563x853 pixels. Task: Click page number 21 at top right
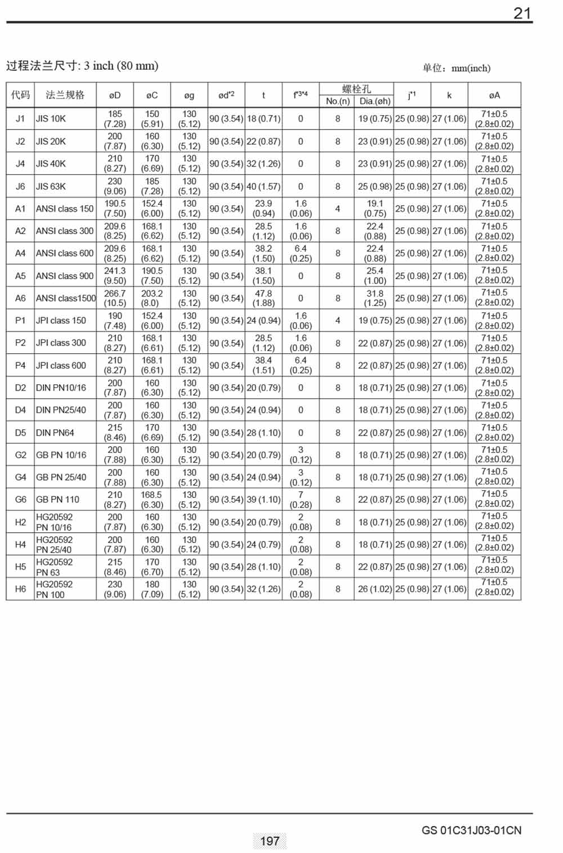pos(522,14)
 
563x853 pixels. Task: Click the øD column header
pos(115,95)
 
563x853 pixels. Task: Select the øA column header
pos(494,95)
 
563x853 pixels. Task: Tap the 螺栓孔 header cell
pos(356,89)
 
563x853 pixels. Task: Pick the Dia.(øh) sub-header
pos(375,101)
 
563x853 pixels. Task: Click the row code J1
pos(20,119)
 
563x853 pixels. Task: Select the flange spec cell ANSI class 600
pos(65,253)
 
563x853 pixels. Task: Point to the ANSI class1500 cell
pos(66,298)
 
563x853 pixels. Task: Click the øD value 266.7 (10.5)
pos(115,298)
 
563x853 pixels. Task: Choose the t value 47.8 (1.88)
pos(263,298)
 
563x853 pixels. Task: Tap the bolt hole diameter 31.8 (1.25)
pos(375,298)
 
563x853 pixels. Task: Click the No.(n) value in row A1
pos(338,209)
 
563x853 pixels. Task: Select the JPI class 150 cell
pos(61,321)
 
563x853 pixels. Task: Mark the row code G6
pos(20,500)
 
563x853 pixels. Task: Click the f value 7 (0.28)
pos(301,500)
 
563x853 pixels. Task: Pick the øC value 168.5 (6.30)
pos(152,500)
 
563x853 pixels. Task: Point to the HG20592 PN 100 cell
pos(54,589)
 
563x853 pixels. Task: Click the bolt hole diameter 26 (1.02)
pos(375,589)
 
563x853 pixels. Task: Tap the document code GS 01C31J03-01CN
pos(471,830)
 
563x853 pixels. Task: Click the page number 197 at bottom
pos(270,841)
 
